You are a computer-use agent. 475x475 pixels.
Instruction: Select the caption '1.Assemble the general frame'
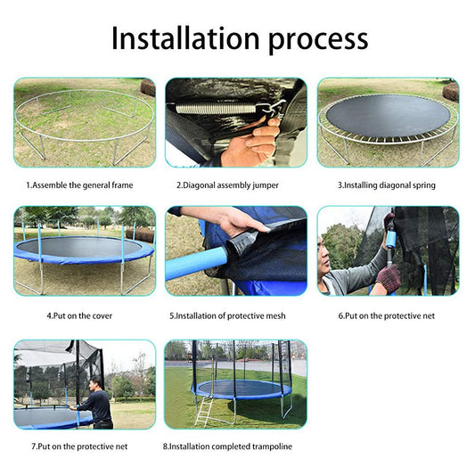click(79, 185)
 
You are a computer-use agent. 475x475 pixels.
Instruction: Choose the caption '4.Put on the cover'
click(79, 315)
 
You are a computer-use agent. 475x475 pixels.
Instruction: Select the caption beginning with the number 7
click(78, 446)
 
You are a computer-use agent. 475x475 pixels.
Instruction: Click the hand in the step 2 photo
click(255, 143)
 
